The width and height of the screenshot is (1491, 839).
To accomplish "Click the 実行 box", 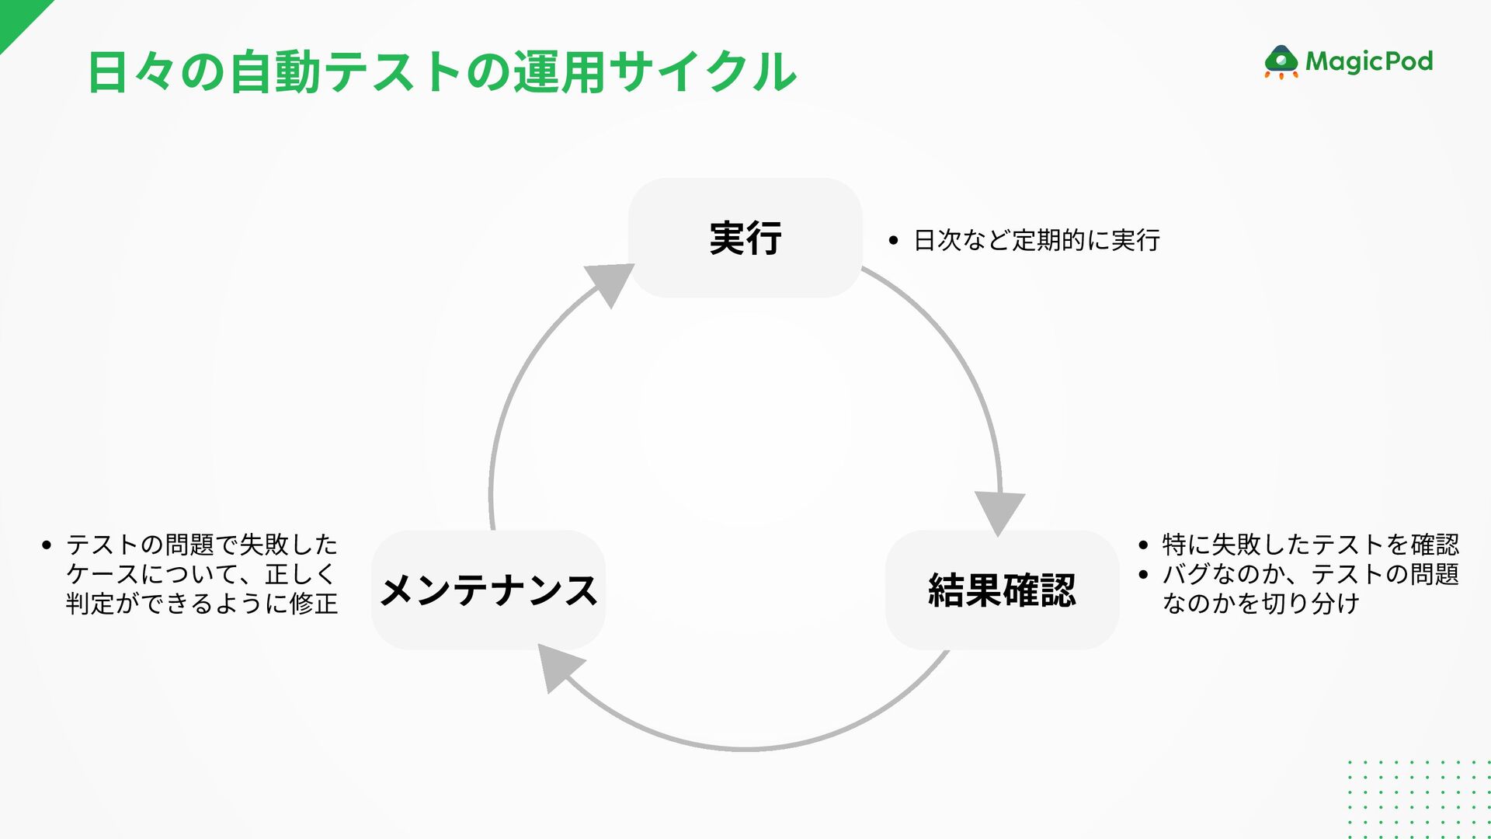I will click(745, 238).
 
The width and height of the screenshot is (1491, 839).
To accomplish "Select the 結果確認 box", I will click(1002, 590).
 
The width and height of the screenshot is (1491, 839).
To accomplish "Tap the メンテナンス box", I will click(488, 590).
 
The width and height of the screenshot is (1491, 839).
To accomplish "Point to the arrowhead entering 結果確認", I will click(999, 512).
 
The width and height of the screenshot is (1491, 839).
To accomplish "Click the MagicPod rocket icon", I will click(1281, 62).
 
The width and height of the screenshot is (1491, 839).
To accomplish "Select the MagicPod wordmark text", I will click(1369, 61).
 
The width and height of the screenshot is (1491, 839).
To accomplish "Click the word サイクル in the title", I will click(703, 72).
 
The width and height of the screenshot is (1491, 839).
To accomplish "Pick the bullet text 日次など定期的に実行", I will click(1037, 241).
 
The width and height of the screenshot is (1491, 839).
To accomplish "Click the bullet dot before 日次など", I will click(893, 242).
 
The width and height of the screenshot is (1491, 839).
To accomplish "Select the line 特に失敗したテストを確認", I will click(1310, 545).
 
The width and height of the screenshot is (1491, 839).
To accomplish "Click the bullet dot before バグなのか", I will click(1142, 576).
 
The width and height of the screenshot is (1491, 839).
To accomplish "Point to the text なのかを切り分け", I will click(1260, 604).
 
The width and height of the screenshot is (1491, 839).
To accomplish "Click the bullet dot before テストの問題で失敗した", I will click(47, 545).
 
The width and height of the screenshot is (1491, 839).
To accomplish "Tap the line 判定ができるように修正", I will click(202, 604).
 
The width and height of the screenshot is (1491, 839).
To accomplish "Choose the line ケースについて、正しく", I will click(200, 574).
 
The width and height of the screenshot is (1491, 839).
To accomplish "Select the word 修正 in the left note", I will click(314, 604).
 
